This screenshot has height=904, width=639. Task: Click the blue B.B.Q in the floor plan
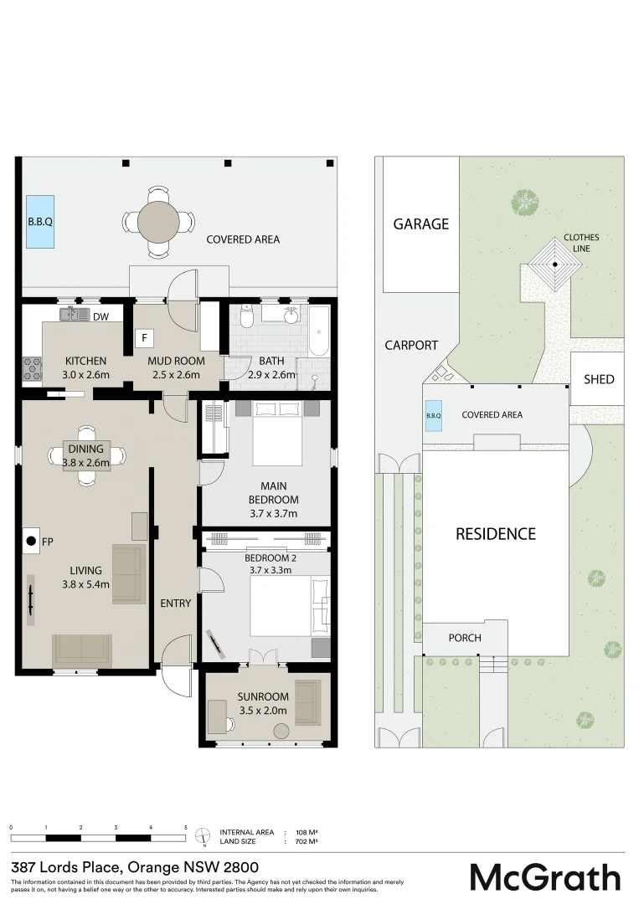(40, 222)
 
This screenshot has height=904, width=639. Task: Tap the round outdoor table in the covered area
(159, 222)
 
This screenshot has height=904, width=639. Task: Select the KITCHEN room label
(85, 362)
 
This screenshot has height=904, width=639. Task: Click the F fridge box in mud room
(145, 339)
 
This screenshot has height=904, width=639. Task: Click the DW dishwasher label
(100, 316)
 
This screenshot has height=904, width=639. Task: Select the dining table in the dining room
(87, 455)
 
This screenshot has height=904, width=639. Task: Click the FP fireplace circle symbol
(31, 542)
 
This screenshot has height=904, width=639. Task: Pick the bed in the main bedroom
(277, 433)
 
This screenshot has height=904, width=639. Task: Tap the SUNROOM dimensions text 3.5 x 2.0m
(263, 710)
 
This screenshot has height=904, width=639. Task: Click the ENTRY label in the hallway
(175, 603)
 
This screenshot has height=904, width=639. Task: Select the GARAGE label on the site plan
(421, 223)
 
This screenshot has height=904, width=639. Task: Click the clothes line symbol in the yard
(554, 263)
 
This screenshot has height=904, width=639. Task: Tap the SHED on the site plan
(599, 379)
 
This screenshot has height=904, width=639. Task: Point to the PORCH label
(465, 638)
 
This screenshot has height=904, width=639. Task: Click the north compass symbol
(202, 835)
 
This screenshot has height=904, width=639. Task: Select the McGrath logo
(545, 876)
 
